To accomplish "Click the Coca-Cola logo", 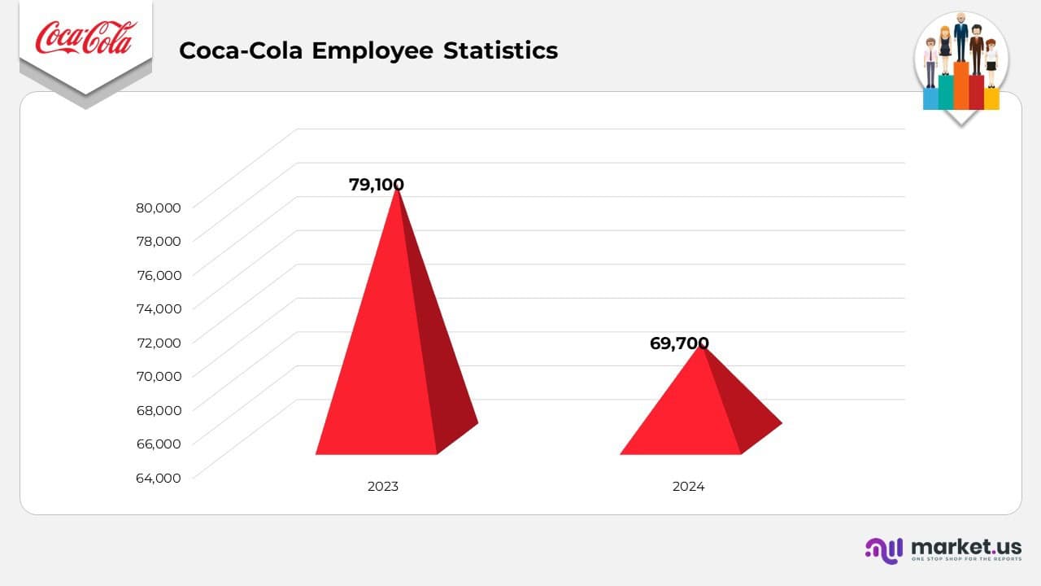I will (85, 38).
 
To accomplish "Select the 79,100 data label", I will (376, 185).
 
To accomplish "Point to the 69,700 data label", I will (679, 343).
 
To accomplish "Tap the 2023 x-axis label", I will (383, 487).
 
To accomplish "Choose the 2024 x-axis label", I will (688, 487).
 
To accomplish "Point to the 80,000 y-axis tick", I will (159, 207).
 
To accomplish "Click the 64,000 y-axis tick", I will (159, 478).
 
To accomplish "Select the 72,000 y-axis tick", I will (159, 342).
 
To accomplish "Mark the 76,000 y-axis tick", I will (159, 274).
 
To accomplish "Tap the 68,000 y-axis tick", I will (159, 409).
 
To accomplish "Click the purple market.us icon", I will (884, 550).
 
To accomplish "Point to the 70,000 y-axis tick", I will (159, 375).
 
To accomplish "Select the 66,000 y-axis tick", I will (159, 444).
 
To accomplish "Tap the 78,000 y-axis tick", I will (159, 240).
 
